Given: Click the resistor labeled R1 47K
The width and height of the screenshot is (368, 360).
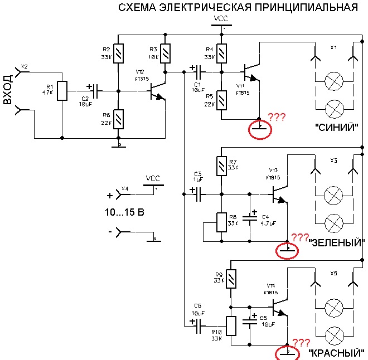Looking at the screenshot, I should coord(62,89).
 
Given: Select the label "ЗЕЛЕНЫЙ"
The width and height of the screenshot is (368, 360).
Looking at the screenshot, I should coord(338,242).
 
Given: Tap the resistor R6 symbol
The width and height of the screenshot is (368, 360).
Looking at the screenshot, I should coord(118,119).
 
